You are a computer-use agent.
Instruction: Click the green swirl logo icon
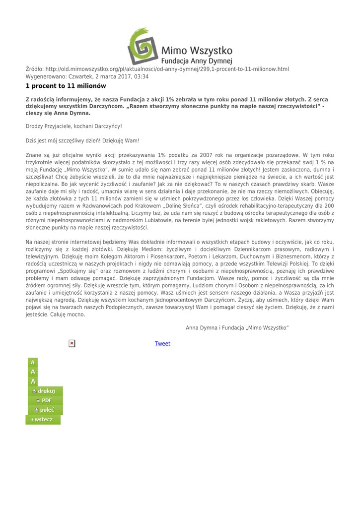click(144, 44)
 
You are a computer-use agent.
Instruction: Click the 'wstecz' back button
click(44, 420)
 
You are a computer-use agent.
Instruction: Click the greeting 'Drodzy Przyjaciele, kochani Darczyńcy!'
click(73, 127)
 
